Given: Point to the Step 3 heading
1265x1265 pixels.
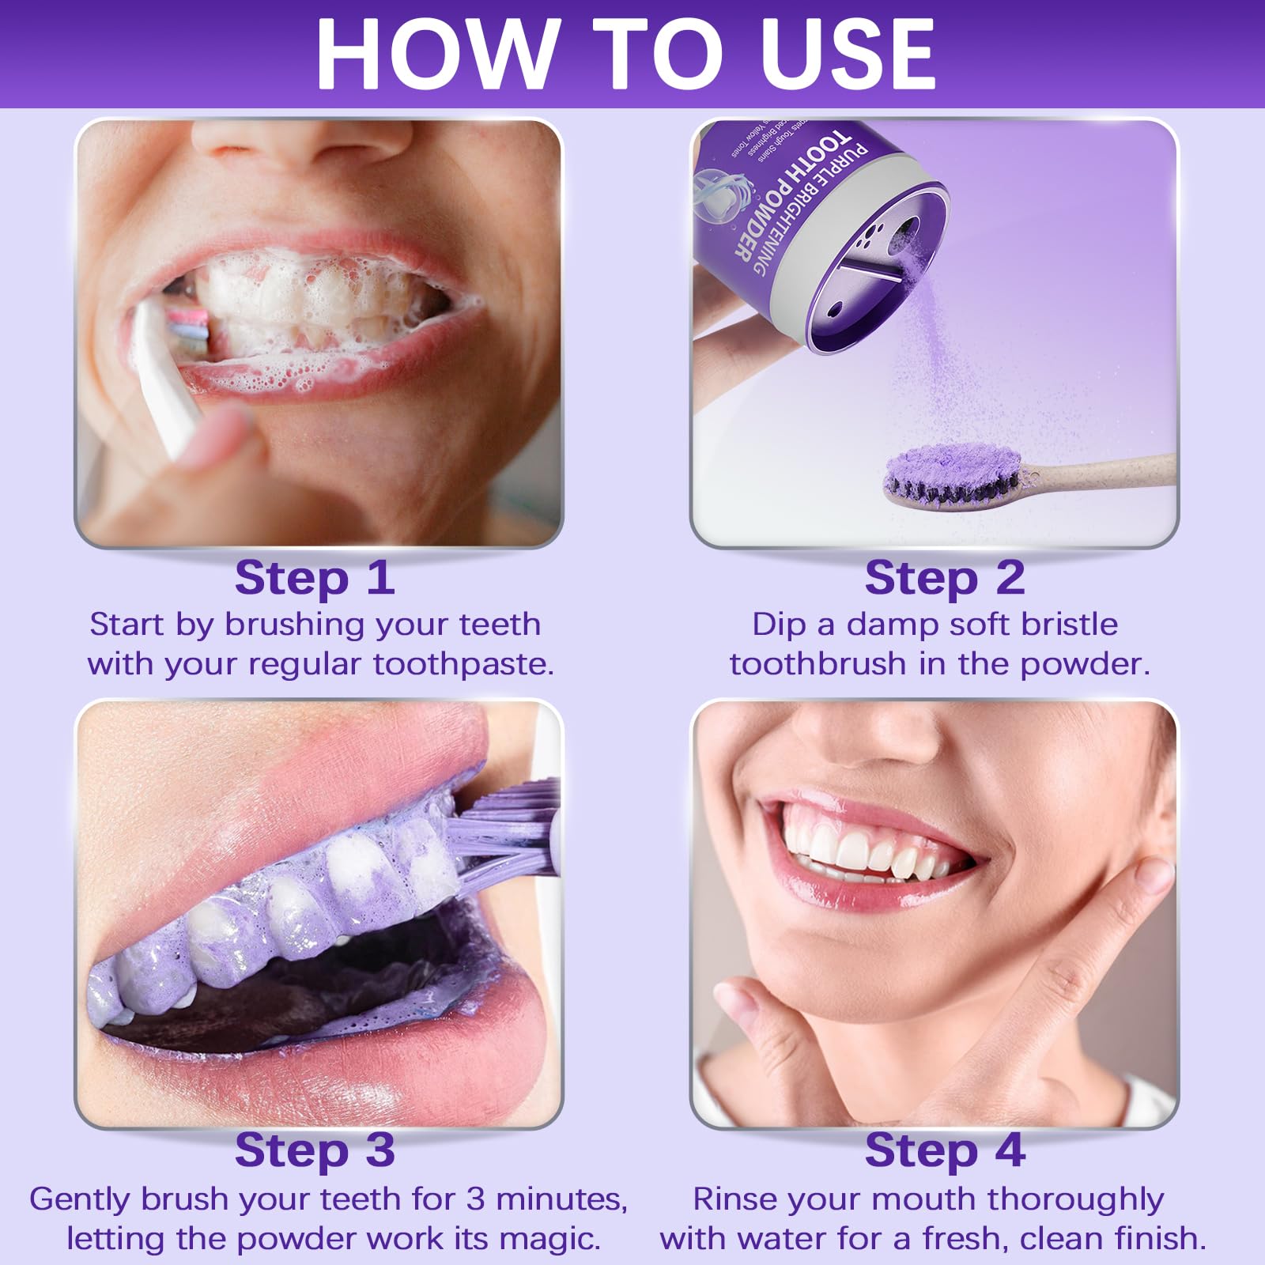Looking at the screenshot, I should point(315,1150).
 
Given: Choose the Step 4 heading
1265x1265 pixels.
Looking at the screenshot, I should point(945,1150).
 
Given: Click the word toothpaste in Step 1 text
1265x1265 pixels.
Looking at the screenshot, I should point(463,664).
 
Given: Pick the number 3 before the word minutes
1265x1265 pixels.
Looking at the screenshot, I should point(475,1199).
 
